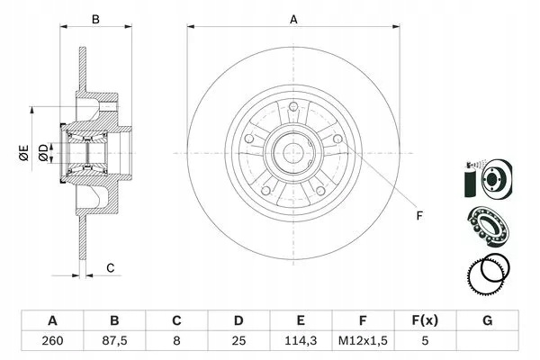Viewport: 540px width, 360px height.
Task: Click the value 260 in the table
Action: click(x=52, y=341)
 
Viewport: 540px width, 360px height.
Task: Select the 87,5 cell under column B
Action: click(x=114, y=341)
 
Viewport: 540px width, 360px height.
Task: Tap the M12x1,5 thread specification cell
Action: click(x=363, y=341)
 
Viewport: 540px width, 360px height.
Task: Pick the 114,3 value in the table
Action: click(x=301, y=341)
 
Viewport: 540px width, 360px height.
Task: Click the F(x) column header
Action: click(x=425, y=320)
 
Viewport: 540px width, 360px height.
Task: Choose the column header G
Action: click(x=487, y=320)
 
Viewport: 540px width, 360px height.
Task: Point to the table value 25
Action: click(x=238, y=341)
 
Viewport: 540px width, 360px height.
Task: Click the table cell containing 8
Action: click(x=176, y=341)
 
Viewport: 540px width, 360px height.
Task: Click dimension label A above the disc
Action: click(x=293, y=20)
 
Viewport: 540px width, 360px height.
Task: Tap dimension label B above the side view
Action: click(x=95, y=19)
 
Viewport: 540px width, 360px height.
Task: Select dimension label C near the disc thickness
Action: click(x=110, y=267)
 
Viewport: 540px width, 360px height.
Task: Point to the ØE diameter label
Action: click(x=23, y=153)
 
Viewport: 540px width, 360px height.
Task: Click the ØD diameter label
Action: click(x=44, y=153)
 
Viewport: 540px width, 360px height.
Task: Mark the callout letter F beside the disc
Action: click(x=419, y=216)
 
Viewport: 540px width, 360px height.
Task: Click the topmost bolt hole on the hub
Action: click(x=293, y=106)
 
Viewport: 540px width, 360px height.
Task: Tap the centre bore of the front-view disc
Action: click(x=293, y=153)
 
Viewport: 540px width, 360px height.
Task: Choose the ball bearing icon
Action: click(x=489, y=226)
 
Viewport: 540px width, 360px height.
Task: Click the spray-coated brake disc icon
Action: click(x=489, y=179)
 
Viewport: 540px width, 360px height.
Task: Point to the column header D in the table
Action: click(x=238, y=320)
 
